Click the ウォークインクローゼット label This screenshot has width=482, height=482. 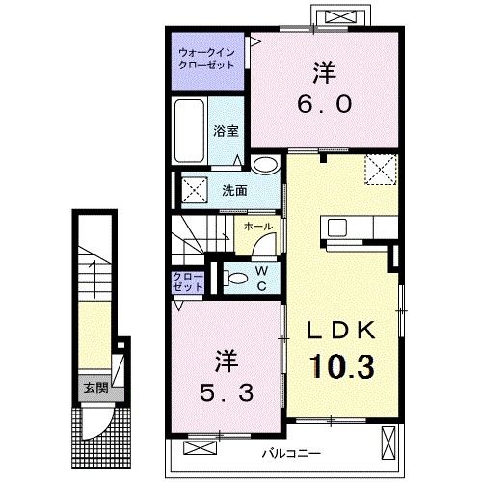(x=207, y=59)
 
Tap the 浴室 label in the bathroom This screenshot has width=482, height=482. (x=227, y=131)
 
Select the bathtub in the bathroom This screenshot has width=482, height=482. (x=190, y=131)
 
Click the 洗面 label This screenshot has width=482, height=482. (x=234, y=191)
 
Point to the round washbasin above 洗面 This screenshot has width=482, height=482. (x=265, y=165)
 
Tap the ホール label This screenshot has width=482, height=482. (x=258, y=227)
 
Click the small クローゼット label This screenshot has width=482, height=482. (x=188, y=282)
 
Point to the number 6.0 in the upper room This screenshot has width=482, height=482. (x=325, y=104)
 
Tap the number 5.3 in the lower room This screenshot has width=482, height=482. (x=227, y=392)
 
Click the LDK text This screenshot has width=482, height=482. (x=341, y=331)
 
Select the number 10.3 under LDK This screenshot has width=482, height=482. (x=342, y=365)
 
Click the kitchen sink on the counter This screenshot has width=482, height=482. (x=337, y=228)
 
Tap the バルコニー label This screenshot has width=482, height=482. (x=291, y=454)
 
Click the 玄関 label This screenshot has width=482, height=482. (x=95, y=388)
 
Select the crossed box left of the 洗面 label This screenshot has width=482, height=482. (x=194, y=190)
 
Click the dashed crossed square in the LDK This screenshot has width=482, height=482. (x=381, y=170)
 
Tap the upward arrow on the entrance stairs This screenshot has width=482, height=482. (x=94, y=279)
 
